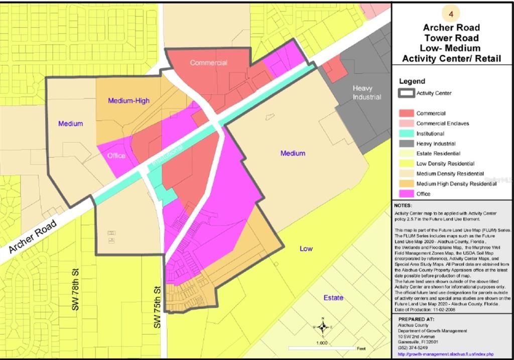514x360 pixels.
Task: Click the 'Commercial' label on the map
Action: tap(208, 63)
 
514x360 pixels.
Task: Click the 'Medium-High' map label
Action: tap(128, 100)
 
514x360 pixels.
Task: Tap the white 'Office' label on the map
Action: tap(116, 156)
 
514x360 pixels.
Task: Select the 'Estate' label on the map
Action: tap(333, 298)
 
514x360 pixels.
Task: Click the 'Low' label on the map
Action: tap(306, 249)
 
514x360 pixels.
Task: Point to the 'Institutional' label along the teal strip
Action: tap(167, 156)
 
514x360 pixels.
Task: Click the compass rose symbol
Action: tap(323, 327)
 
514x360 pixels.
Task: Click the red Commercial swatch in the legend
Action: tap(406, 113)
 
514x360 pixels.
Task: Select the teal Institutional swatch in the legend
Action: tap(406, 134)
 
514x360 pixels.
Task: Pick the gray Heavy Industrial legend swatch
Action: tap(406, 144)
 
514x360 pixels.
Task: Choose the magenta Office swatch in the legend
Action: tap(406, 194)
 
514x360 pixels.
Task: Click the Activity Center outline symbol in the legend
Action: tap(406, 93)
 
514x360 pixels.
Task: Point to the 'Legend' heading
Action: tap(412, 81)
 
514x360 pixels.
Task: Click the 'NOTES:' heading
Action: tap(404, 205)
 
